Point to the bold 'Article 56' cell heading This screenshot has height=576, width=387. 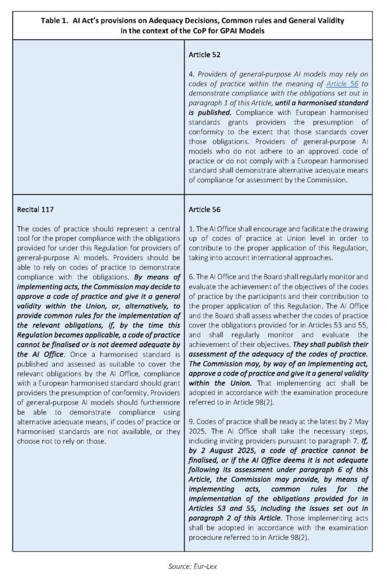click(x=204, y=209)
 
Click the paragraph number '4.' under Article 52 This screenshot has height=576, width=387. click(x=192, y=75)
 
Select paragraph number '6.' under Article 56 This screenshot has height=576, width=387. click(x=192, y=277)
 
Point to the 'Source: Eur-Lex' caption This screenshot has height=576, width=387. click(x=193, y=566)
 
